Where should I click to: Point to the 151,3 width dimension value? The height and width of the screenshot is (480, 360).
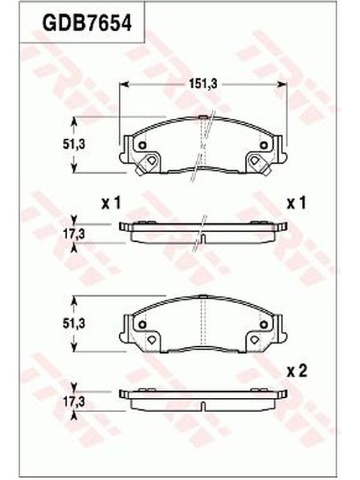click(203, 83)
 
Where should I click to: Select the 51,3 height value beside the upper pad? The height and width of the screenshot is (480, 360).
click(74, 145)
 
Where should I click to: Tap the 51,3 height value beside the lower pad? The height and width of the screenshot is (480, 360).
click(74, 323)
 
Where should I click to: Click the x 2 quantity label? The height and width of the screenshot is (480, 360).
click(296, 371)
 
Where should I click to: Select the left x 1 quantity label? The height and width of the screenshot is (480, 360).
click(111, 203)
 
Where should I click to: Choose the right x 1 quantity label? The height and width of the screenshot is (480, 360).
click(296, 203)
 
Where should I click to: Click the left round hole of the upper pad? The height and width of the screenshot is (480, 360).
click(142, 145)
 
